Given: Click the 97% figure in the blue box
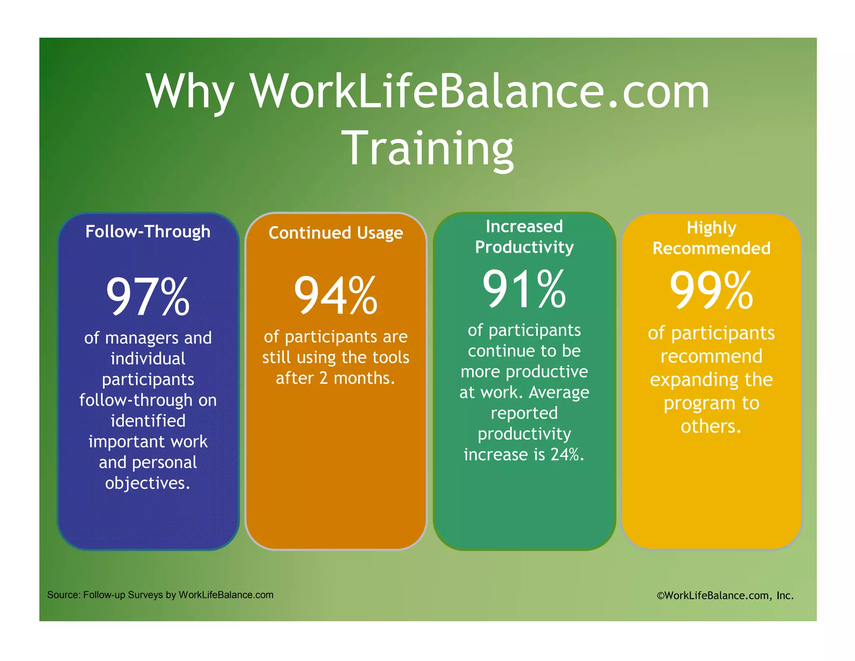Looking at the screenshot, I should pos(148,297).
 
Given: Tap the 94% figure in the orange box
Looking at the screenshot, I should pos(336,296).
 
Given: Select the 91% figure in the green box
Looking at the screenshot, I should pos(524,289).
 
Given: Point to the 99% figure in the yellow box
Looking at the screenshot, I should pos(711,290).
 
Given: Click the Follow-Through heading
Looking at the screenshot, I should pos(148,232).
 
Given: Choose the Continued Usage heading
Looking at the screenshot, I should pos(336,233).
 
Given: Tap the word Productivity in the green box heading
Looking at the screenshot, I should pos(524,247).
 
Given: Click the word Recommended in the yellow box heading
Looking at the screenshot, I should pos(711,249).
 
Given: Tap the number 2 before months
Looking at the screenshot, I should pos(324,378).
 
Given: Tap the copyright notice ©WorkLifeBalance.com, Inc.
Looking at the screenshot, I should pos(725,595).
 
